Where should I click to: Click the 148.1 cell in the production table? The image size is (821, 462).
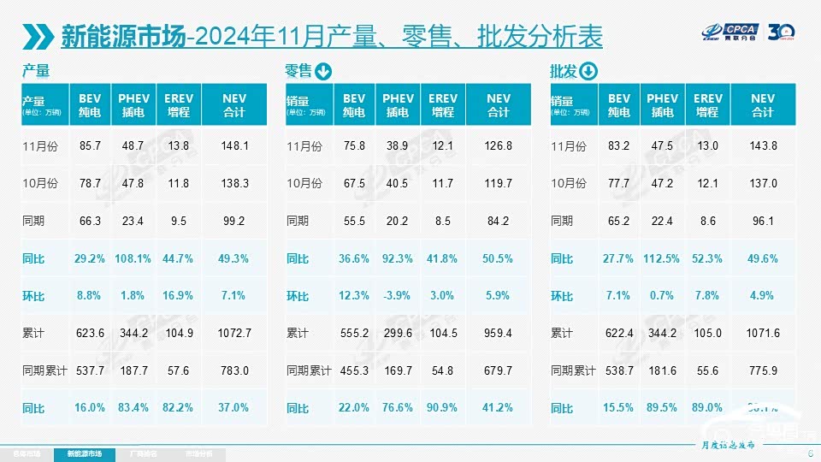coord(234,146)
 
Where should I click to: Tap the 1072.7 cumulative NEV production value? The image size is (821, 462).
coord(234,333)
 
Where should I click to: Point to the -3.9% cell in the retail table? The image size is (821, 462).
coord(397,296)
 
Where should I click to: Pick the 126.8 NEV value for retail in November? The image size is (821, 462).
coord(498,146)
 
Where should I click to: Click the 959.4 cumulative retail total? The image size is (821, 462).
coord(498,333)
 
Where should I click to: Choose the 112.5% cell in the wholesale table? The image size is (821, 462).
coord(662,258)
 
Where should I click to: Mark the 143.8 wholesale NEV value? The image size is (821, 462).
coord(763,146)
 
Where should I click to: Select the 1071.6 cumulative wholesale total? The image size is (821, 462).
coord(763,333)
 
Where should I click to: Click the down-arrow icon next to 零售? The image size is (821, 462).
coord(323,71)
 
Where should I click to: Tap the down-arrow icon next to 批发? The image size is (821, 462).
coord(588,71)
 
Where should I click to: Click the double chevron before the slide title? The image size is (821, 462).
coord(40,36)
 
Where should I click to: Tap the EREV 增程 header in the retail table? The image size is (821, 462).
coord(442,105)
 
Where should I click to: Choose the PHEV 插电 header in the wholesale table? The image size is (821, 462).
coord(662,105)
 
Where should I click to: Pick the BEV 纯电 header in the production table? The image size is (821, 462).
coord(90,105)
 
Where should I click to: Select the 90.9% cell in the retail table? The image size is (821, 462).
coord(442,408)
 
